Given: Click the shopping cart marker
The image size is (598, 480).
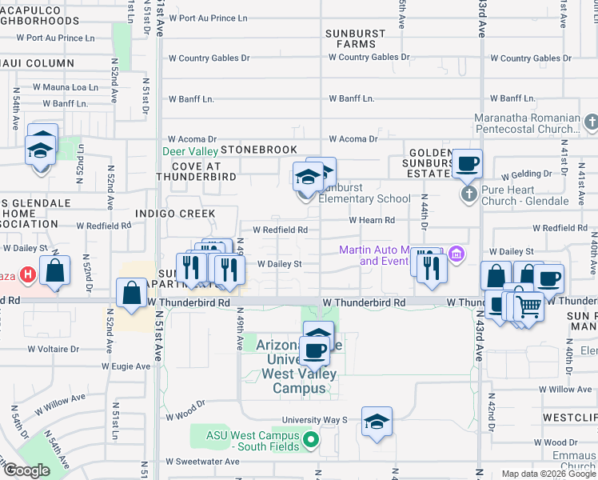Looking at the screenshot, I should (x=529, y=305).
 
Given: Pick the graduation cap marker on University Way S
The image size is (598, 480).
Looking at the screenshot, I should (x=377, y=422).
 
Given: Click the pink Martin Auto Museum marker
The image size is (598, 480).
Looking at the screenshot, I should (x=456, y=255).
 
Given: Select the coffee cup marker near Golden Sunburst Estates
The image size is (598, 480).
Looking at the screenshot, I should (x=467, y=164).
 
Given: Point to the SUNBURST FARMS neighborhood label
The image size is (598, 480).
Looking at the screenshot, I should (x=356, y=38).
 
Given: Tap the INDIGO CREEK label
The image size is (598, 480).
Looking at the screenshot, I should (x=175, y=214).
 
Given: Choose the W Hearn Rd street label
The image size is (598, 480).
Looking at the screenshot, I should (x=372, y=220).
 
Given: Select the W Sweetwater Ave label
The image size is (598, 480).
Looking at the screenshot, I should (x=202, y=462).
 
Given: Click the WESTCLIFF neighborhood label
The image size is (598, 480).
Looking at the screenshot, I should (x=569, y=418).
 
